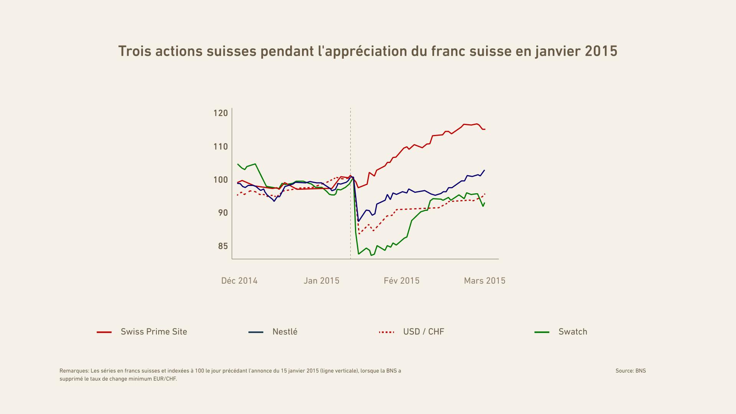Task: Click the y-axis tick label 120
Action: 220,113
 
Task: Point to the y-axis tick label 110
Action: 220,146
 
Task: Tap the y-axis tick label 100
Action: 220,180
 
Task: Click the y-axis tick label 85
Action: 223,246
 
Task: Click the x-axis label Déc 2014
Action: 239,281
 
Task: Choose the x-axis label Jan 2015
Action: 321,281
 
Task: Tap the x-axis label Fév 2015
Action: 401,281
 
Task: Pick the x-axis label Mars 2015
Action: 485,281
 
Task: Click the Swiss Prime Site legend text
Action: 154,332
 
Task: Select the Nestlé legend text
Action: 285,332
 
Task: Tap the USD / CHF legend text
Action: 424,332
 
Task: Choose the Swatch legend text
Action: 573,332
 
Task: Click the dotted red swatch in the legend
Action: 386,332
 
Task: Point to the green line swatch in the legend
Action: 542,332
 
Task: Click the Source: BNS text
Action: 631,371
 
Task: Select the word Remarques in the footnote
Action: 74,371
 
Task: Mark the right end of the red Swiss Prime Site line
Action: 485,129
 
